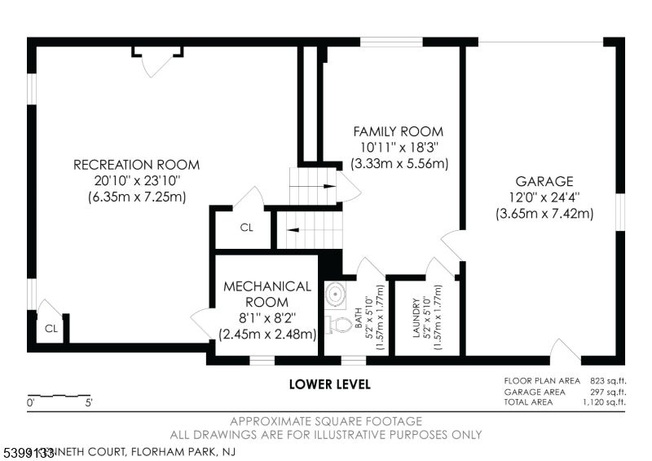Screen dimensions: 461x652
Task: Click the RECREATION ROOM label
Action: pyautogui.click(x=136, y=165)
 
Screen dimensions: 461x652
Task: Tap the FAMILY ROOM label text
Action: pyautogui.click(x=398, y=131)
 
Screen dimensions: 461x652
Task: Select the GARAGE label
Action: pyautogui.click(x=544, y=181)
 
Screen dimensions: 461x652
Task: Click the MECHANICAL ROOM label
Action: pyautogui.click(x=267, y=294)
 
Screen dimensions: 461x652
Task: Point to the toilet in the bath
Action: pyautogui.click(x=335, y=324)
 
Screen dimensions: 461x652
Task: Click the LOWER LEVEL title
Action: pyautogui.click(x=330, y=383)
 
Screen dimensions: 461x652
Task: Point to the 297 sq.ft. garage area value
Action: pyautogui.click(x=610, y=392)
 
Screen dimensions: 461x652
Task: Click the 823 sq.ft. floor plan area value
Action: pyautogui.click(x=610, y=381)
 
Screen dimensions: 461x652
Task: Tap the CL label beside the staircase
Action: pyautogui.click(x=246, y=228)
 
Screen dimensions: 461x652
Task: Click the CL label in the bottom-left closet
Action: pyautogui.click(x=51, y=329)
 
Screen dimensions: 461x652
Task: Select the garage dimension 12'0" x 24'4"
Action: pyautogui.click(x=544, y=197)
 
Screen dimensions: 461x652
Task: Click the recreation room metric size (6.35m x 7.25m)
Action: pyautogui.click(x=136, y=197)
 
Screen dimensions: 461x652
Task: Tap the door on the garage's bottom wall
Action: pyautogui.click(x=565, y=352)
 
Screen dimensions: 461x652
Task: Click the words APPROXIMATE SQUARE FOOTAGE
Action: pyautogui.click(x=326, y=422)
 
